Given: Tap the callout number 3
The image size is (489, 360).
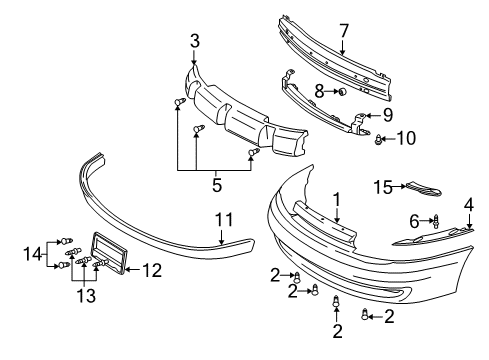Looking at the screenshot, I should [195, 41].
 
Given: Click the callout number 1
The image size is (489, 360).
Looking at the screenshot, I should [337, 199].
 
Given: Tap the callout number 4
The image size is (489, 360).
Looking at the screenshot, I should [468, 207].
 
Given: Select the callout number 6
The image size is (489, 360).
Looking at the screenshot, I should [413, 220].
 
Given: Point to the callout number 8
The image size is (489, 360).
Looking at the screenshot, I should [319, 91].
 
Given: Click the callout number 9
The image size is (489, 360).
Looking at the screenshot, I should [389, 115].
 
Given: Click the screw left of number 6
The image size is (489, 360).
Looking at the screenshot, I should [437, 221].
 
